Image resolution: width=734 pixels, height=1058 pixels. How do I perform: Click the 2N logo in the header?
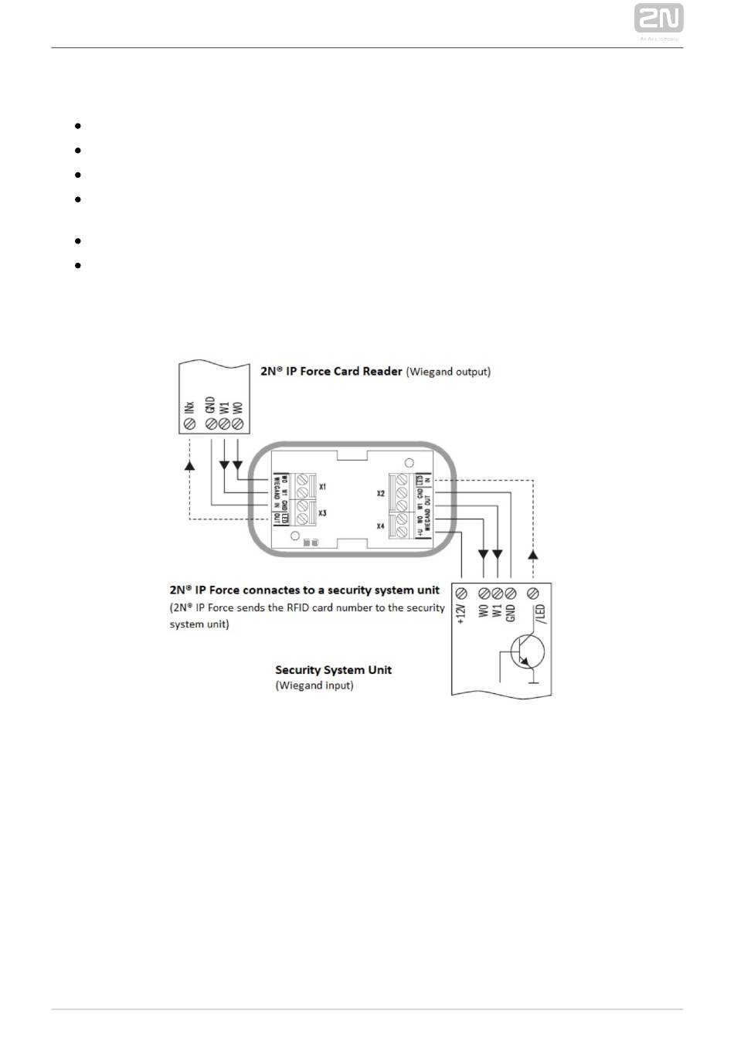point(658,19)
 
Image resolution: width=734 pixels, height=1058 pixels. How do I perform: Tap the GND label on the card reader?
point(209,405)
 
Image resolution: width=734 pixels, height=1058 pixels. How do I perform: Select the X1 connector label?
point(322,487)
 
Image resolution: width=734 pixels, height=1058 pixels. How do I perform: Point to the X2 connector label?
point(381,492)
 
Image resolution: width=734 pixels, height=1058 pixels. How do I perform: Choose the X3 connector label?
point(322,513)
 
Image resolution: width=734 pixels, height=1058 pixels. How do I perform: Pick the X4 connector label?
point(381,526)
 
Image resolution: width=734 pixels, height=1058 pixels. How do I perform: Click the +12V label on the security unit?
point(461,614)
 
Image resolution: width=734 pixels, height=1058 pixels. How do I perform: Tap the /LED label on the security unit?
point(541,614)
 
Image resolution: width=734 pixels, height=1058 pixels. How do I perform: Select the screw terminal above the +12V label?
point(461,593)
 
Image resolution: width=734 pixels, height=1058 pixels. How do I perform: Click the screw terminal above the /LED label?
point(532,593)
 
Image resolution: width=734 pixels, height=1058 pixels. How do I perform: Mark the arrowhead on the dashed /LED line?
point(532,555)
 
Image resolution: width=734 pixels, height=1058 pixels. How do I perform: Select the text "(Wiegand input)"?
point(314,685)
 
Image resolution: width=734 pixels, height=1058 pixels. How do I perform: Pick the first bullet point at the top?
point(79,125)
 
